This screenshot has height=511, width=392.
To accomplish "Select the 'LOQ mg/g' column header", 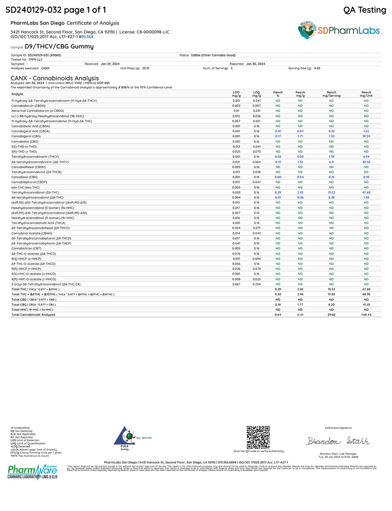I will pos(256,94).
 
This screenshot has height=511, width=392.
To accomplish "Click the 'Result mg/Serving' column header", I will pos(331,94).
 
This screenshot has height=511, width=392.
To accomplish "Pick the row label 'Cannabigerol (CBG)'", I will pos(28,136).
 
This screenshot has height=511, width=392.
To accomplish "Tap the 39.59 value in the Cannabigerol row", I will pos(366,136).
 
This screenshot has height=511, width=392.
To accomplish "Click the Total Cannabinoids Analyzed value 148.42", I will pos(366,315).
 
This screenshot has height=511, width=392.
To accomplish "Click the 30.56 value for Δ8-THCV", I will pos(366,162).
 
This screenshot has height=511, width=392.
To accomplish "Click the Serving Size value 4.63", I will pos(317,68).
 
